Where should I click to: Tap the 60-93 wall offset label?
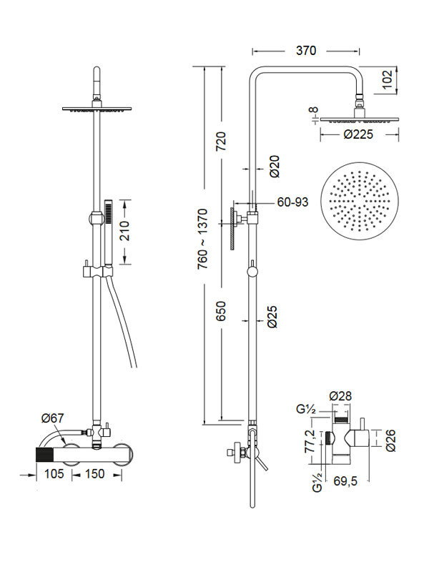click(x=292, y=202)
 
